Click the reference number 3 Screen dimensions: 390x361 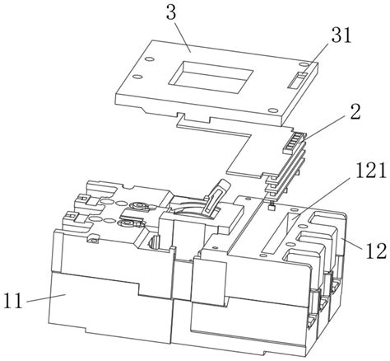pyautogui.click(x=171, y=13)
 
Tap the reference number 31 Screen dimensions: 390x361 pyautogui.click(x=341, y=35)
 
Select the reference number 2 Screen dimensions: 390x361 pyautogui.click(x=355, y=112)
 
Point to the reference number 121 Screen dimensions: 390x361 pyautogui.click(x=371, y=171)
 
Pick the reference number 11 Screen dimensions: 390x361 pyautogui.click(x=13, y=301)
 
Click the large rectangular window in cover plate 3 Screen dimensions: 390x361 pyautogui.click(x=211, y=77)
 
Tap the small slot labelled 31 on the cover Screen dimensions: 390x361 pyautogui.click(x=298, y=80)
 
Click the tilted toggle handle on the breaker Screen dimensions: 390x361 pyautogui.click(x=216, y=196)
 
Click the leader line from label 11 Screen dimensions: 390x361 pyautogui.click(x=46, y=298)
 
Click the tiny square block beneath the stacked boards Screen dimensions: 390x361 pyautogui.click(x=271, y=207)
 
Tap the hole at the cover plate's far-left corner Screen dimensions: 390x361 pyautogui.click(x=150, y=59)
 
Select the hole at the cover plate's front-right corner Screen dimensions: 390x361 pyautogui.click(x=272, y=110)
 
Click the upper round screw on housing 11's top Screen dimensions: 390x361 pyautogui.click(x=137, y=205)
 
